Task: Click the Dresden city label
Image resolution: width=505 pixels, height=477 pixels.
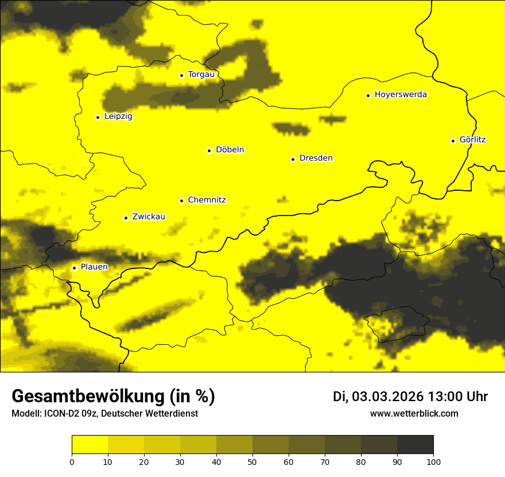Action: coord(316,158)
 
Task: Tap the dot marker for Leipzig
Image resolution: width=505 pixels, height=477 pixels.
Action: coord(98,117)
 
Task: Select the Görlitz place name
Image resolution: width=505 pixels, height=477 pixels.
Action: coord(473,140)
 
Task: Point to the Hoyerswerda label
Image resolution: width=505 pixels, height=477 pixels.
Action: coord(401,95)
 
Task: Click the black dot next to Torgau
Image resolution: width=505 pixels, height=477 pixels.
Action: coord(181,75)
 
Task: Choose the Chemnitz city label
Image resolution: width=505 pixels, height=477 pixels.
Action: coord(207,200)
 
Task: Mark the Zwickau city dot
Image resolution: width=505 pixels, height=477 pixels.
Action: coord(126,218)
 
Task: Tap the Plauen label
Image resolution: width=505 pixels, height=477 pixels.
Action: coord(94,267)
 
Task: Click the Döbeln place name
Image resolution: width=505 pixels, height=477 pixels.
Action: coord(230,150)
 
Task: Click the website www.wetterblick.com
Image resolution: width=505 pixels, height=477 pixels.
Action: coord(414,413)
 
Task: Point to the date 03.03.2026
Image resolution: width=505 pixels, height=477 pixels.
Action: coord(387,397)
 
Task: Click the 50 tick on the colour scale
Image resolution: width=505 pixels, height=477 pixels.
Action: coord(252,461)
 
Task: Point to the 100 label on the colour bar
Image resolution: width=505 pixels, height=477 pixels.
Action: coord(433,461)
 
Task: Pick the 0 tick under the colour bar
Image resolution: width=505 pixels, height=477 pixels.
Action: coord(72,461)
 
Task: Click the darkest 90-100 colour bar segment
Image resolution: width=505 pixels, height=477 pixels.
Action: coord(415,445)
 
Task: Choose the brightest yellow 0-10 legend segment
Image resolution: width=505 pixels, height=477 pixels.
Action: coord(90,445)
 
